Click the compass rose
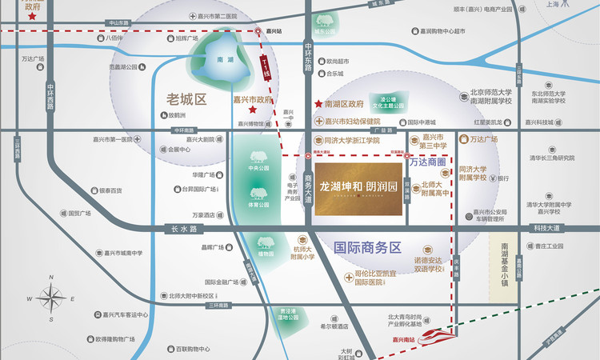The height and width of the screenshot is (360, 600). pyautogui.click(x=52, y=298)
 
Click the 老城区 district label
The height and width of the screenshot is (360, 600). pyautogui.click(x=186, y=100)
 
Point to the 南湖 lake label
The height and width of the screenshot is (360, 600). pyautogui.click(x=226, y=59)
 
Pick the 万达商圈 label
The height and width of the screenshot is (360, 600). pyautogui.click(x=431, y=162)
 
